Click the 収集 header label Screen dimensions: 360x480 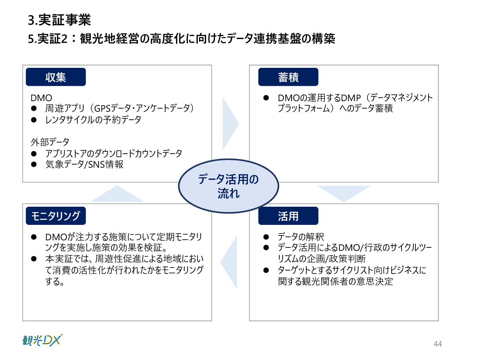56,77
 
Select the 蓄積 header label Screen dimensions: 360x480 288,77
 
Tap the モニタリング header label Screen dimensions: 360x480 56,216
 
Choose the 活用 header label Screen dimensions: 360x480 288,216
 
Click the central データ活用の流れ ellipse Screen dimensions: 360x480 228,186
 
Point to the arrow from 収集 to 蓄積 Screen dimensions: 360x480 229,123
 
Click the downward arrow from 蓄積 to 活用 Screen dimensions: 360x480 344,192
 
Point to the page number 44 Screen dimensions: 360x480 437,344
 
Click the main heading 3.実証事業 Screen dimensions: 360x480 60,20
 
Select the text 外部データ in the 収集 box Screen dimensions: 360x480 50,142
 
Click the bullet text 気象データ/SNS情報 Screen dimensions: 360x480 84,164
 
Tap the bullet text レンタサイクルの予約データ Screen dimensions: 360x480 93,120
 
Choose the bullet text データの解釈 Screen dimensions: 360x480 301,237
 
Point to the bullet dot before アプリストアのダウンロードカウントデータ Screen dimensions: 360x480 34,154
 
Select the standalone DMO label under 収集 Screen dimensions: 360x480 41,98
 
